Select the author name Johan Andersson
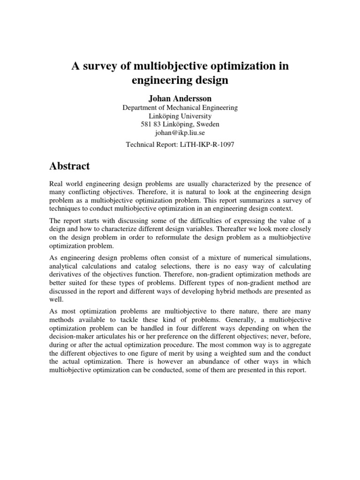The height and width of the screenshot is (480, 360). [x=180, y=99]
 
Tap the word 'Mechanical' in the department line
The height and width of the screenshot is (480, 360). [x=181, y=108]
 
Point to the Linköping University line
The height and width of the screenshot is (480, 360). [x=180, y=116]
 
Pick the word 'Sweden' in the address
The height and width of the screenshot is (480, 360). [x=208, y=125]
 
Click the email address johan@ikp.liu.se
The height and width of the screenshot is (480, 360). [x=180, y=133]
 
